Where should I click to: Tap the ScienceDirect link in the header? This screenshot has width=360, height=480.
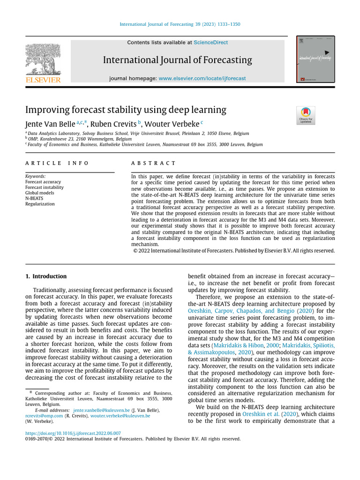coord(210,43)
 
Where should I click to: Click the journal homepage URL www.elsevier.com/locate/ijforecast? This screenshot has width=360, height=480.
coord(202,79)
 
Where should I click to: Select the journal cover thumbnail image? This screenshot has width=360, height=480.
coord(315,60)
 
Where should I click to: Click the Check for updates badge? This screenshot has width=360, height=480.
coord(306,115)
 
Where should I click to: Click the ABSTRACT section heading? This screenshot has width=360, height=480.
coord(153,163)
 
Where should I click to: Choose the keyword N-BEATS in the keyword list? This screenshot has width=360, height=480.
coord(35,198)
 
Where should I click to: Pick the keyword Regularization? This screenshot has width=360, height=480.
coord(40,204)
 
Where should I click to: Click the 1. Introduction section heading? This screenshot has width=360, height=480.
coord(46,277)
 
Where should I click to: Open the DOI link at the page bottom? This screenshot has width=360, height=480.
coord(73,434)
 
